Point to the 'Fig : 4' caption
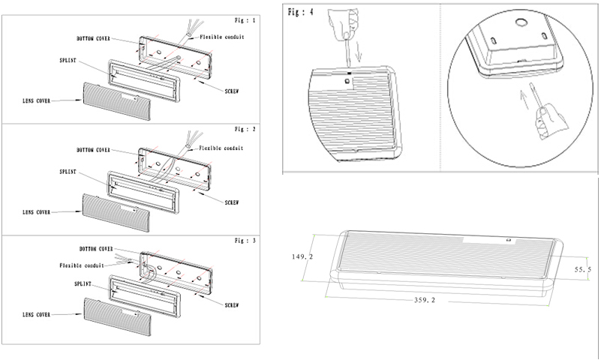pos(301,13)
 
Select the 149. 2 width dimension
pos(304,256)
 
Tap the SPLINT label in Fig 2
pos(69,172)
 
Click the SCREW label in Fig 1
pos(235,90)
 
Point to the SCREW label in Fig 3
pos(235,304)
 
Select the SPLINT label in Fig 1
pos(69,58)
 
